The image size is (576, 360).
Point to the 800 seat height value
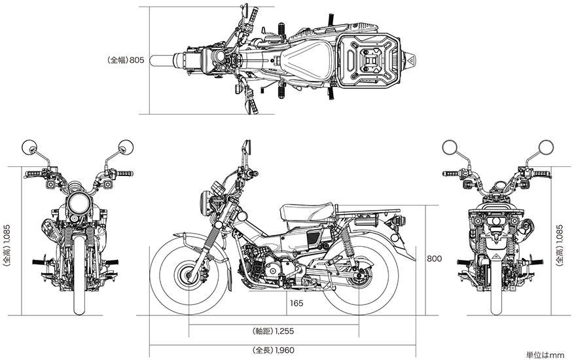click(x=433, y=259)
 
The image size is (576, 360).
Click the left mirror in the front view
click(x=30, y=147)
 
